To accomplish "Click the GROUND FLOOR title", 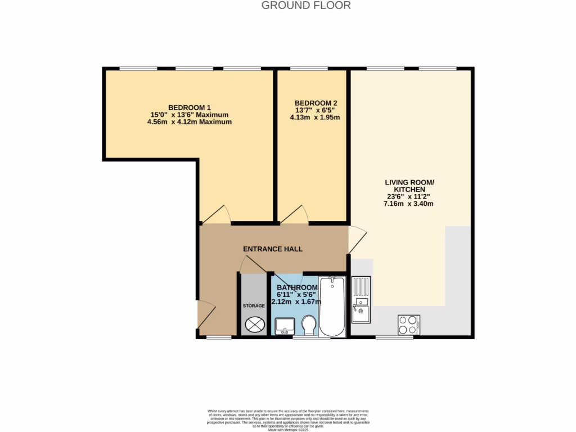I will [x=306, y=6].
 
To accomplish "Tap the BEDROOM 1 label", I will [x=190, y=107].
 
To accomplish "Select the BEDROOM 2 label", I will [x=316, y=103].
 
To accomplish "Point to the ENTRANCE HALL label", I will [x=273, y=249].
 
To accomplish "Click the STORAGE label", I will [x=254, y=305].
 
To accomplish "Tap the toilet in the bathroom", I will [x=308, y=325].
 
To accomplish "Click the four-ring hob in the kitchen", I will [x=408, y=324].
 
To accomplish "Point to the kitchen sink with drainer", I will [x=361, y=299].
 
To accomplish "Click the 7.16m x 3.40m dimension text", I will [x=409, y=204].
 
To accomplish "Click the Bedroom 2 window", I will [x=309, y=69].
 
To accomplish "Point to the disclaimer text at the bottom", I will [x=287, y=420].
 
